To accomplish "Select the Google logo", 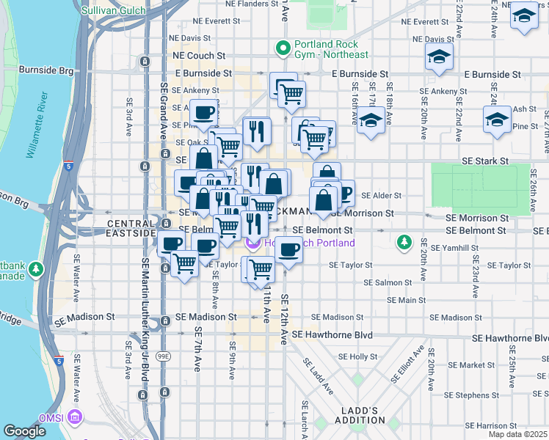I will (x=25, y=431).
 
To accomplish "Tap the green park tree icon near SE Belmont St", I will (x=403, y=241).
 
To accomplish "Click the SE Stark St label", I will (x=484, y=161).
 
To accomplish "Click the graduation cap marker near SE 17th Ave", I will (x=371, y=120).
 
